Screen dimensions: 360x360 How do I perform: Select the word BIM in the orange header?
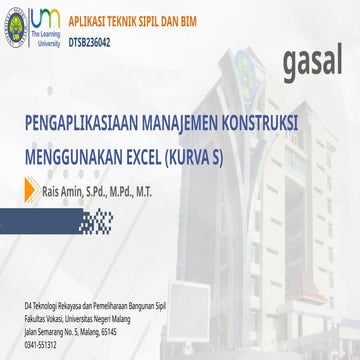[x=177, y=18]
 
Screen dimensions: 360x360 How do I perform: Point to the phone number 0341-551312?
[x=41, y=346]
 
